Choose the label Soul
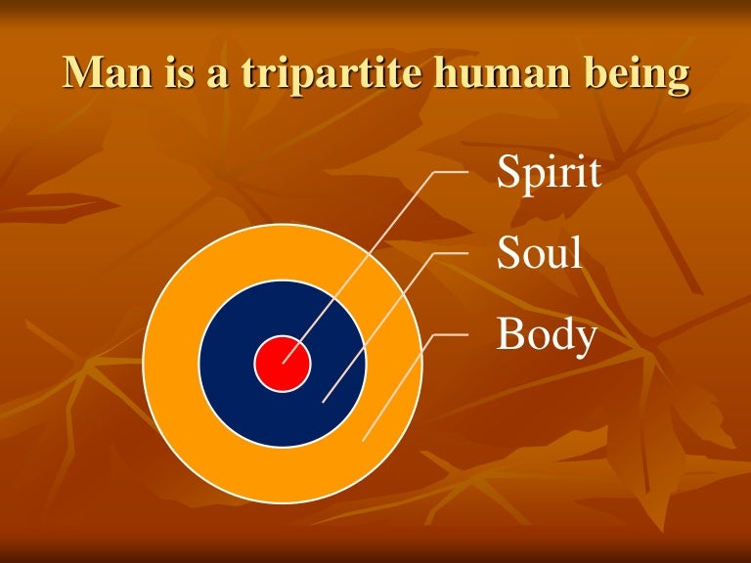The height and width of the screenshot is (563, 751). pyautogui.click(x=540, y=253)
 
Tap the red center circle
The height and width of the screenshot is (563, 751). pyautogui.click(x=283, y=364)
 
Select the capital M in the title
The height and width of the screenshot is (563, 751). pyautogui.click(x=82, y=75)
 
